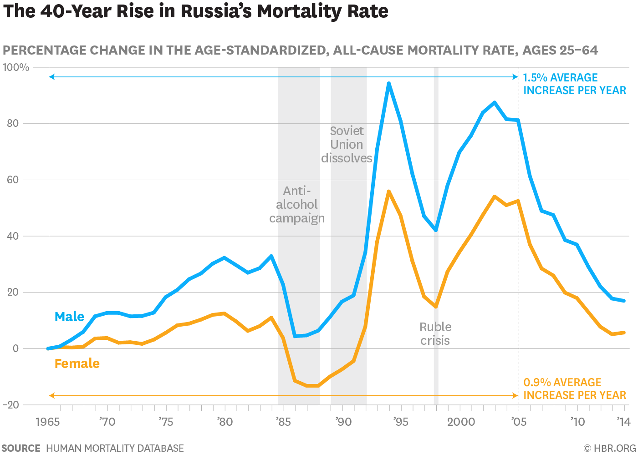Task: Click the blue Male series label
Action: [69, 317]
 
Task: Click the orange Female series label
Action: [77, 363]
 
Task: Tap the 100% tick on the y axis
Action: [16, 67]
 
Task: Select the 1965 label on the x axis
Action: [47, 422]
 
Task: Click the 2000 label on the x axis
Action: [461, 422]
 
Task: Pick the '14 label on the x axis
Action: [623, 422]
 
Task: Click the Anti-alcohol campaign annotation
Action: [297, 205]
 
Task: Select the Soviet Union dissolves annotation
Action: [347, 145]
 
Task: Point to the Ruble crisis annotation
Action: [435, 334]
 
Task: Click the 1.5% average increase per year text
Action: [574, 84]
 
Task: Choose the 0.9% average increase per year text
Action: [574, 389]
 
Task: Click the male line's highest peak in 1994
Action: [388, 83]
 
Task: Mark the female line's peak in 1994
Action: [388, 192]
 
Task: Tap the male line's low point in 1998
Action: [436, 230]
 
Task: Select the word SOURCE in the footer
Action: [21, 448]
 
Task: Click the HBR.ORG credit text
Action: [610, 448]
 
